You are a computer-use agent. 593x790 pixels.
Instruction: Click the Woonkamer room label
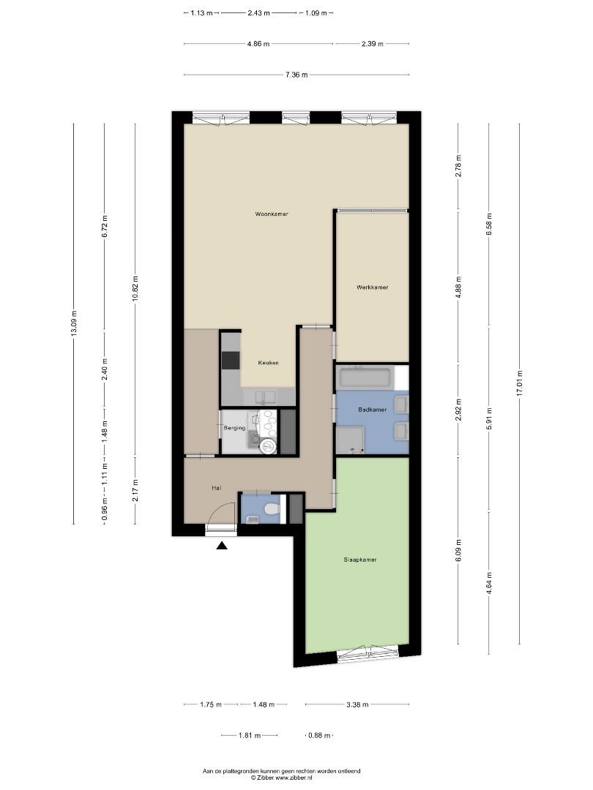click(x=272, y=214)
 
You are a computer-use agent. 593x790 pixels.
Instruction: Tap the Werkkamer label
click(x=372, y=287)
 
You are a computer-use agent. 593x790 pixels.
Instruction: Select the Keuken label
click(x=268, y=363)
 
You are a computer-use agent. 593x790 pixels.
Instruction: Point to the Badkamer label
click(x=373, y=410)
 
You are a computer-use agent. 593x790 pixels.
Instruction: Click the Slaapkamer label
click(x=360, y=560)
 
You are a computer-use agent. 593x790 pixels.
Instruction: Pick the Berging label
click(x=234, y=428)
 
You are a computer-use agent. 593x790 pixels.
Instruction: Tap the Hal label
click(x=216, y=488)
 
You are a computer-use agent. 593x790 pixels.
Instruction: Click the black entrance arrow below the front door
click(x=222, y=545)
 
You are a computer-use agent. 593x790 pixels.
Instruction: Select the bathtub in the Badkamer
click(x=365, y=377)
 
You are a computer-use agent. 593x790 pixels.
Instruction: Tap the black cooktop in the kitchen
click(x=231, y=361)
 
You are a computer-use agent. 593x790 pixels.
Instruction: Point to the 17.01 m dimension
click(x=519, y=384)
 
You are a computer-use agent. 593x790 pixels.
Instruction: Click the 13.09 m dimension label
click(x=74, y=324)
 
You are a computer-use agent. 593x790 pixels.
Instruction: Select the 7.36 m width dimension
click(x=296, y=75)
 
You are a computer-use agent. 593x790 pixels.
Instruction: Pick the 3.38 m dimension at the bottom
click(x=357, y=704)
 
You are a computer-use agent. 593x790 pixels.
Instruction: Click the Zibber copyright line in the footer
click(x=281, y=778)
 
